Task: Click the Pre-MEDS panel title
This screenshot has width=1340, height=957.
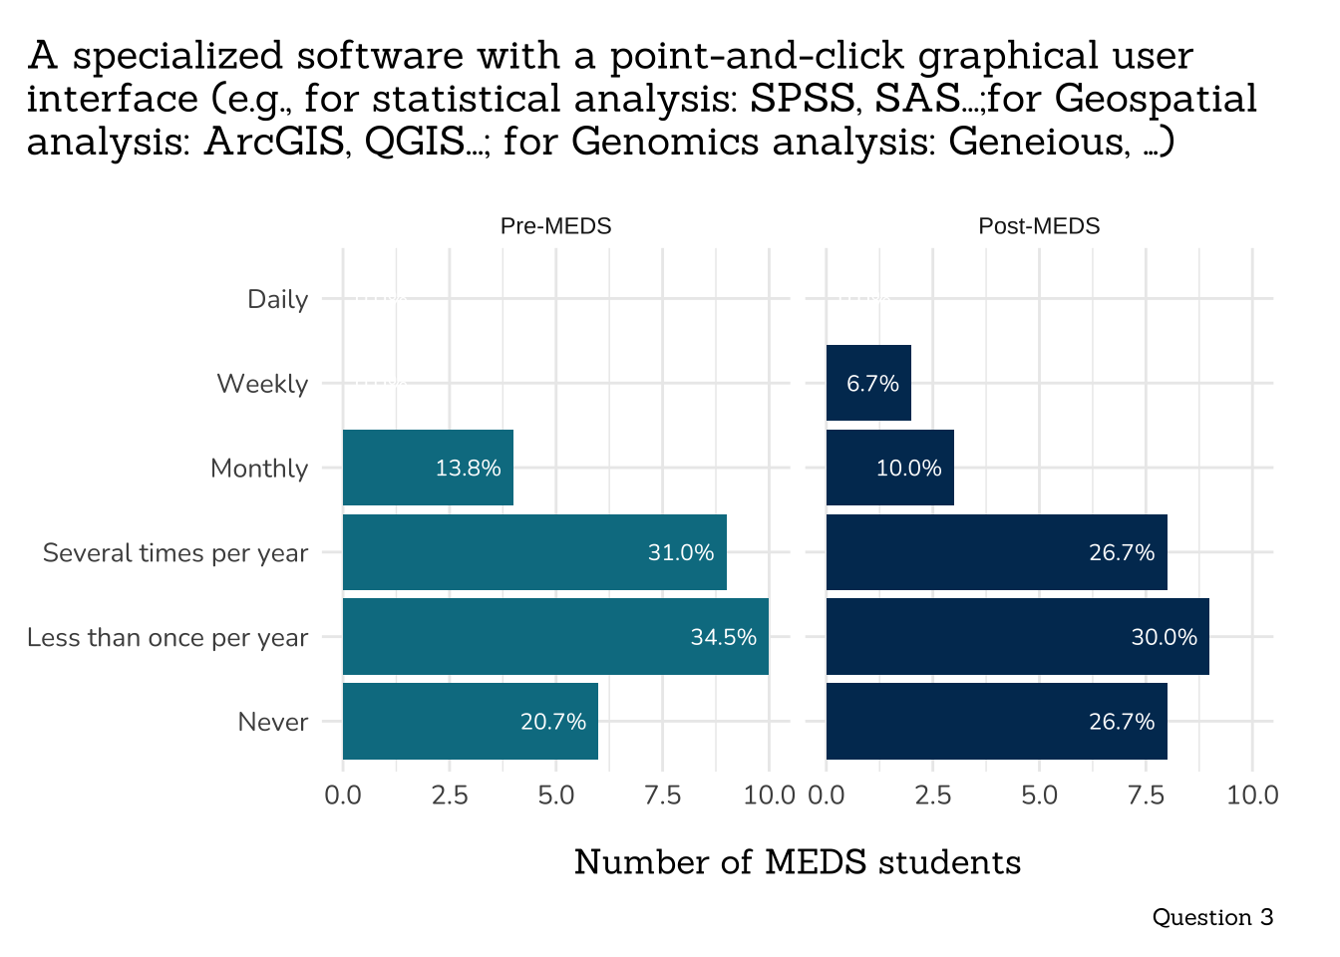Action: pyautogui.click(x=555, y=226)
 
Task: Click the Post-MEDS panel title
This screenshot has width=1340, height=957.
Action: pyautogui.click(x=1039, y=226)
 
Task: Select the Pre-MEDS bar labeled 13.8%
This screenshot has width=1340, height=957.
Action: pyautogui.click(x=428, y=468)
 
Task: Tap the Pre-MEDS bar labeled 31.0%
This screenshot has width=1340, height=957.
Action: pyautogui.click(x=534, y=552)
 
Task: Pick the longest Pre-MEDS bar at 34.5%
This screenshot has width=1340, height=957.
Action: pyautogui.click(x=555, y=637)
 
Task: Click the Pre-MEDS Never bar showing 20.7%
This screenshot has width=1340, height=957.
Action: pyautogui.click(x=470, y=722)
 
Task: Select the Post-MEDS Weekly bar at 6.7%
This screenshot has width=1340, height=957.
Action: pyautogui.click(x=868, y=383)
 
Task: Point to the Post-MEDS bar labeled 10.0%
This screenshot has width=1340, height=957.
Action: pyautogui.click(x=889, y=468)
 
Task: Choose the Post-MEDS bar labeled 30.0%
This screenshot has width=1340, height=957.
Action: pyautogui.click(x=1017, y=637)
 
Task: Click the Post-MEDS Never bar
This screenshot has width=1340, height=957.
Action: pyautogui.click(x=996, y=722)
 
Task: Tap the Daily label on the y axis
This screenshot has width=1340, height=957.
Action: pyautogui.click(x=277, y=299)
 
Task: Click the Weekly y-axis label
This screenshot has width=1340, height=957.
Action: pyautogui.click(x=262, y=384)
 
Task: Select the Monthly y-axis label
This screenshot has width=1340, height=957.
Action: pyautogui.click(x=259, y=469)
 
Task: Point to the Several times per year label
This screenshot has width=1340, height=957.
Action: pyautogui.click(x=175, y=553)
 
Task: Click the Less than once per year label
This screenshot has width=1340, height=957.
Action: pyautogui.click(x=167, y=638)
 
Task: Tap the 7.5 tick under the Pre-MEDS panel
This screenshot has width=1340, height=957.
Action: pyautogui.click(x=662, y=796)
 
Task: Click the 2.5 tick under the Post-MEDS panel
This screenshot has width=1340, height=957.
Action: pyautogui.click(x=932, y=796)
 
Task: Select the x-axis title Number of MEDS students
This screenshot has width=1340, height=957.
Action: pyautogui.click(x=798, y=862)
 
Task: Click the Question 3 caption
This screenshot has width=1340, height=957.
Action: pyautogui.click(x=1212, y=917)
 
